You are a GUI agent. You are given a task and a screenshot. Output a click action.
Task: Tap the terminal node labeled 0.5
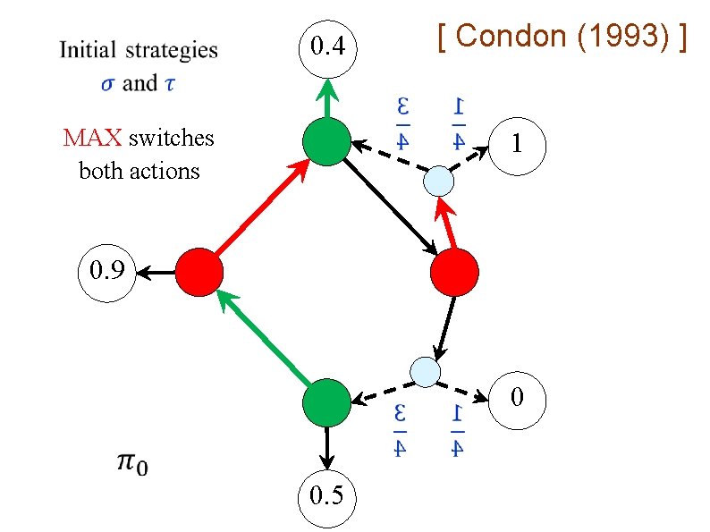coord(326,495)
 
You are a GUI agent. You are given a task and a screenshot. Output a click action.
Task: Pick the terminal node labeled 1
coord(516,142)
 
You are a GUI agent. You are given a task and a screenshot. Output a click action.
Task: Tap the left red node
coord(199,273)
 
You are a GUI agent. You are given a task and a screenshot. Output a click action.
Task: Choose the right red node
coord(454,273)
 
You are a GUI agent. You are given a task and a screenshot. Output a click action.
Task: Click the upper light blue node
coord(439,181)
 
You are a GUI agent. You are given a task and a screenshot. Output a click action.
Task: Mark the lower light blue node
coord(425,370)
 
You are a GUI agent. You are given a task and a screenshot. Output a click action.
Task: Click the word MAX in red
coord(93,139)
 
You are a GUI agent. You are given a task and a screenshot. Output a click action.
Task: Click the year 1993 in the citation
coord(625,37)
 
